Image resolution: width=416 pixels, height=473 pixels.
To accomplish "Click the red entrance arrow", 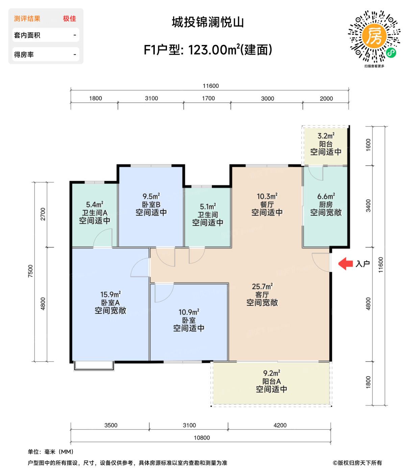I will (x=346, y=264).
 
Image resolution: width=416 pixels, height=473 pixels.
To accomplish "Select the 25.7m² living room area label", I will (x=262, y=287).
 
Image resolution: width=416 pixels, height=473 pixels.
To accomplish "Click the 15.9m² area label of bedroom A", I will (x=110, y=295).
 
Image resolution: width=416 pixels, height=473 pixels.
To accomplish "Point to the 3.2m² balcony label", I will (x=326, y=136).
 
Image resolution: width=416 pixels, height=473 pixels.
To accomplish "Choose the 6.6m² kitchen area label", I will (x=326, y=196).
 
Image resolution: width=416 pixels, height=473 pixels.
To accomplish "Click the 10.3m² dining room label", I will (x=267, y=196).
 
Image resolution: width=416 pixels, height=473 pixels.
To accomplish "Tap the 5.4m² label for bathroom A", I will (x=95, y=205).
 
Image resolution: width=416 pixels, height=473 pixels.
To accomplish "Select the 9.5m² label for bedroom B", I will (x=151, y=196).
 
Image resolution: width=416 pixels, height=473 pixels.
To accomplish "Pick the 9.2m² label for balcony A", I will (x=271, y=373).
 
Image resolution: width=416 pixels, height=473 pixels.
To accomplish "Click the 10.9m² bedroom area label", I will (x=189, y=312).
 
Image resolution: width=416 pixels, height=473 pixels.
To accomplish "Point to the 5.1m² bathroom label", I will (x=207, y=206).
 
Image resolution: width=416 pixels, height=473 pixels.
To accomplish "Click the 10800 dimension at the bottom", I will (x=202, y=438).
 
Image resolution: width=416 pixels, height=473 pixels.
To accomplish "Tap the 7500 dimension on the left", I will (x=31, y=271).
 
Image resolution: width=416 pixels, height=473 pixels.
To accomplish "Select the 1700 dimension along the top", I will (x=208, y=98).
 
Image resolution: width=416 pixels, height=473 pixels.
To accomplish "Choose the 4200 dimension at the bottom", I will (x=280, y=425).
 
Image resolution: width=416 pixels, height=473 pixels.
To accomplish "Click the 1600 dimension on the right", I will (x=368, y=145).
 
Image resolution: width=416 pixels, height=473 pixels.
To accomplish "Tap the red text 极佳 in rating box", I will (x=69, y=19).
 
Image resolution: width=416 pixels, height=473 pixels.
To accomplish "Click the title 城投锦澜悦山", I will (x=208, y=23).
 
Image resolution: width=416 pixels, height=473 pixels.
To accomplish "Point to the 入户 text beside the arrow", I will (x=363, y=264).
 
